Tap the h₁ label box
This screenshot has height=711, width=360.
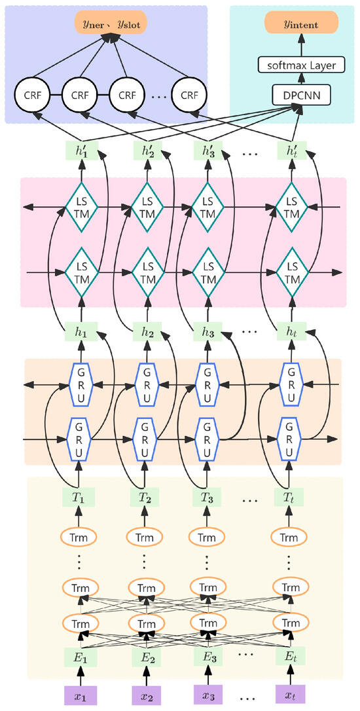(81, 333)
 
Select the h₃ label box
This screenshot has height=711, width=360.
(208, 333)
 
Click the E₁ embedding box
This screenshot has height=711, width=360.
(81, 655)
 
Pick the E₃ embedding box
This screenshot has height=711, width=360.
(208, 655)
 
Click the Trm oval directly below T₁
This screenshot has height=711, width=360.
(79, 537)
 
